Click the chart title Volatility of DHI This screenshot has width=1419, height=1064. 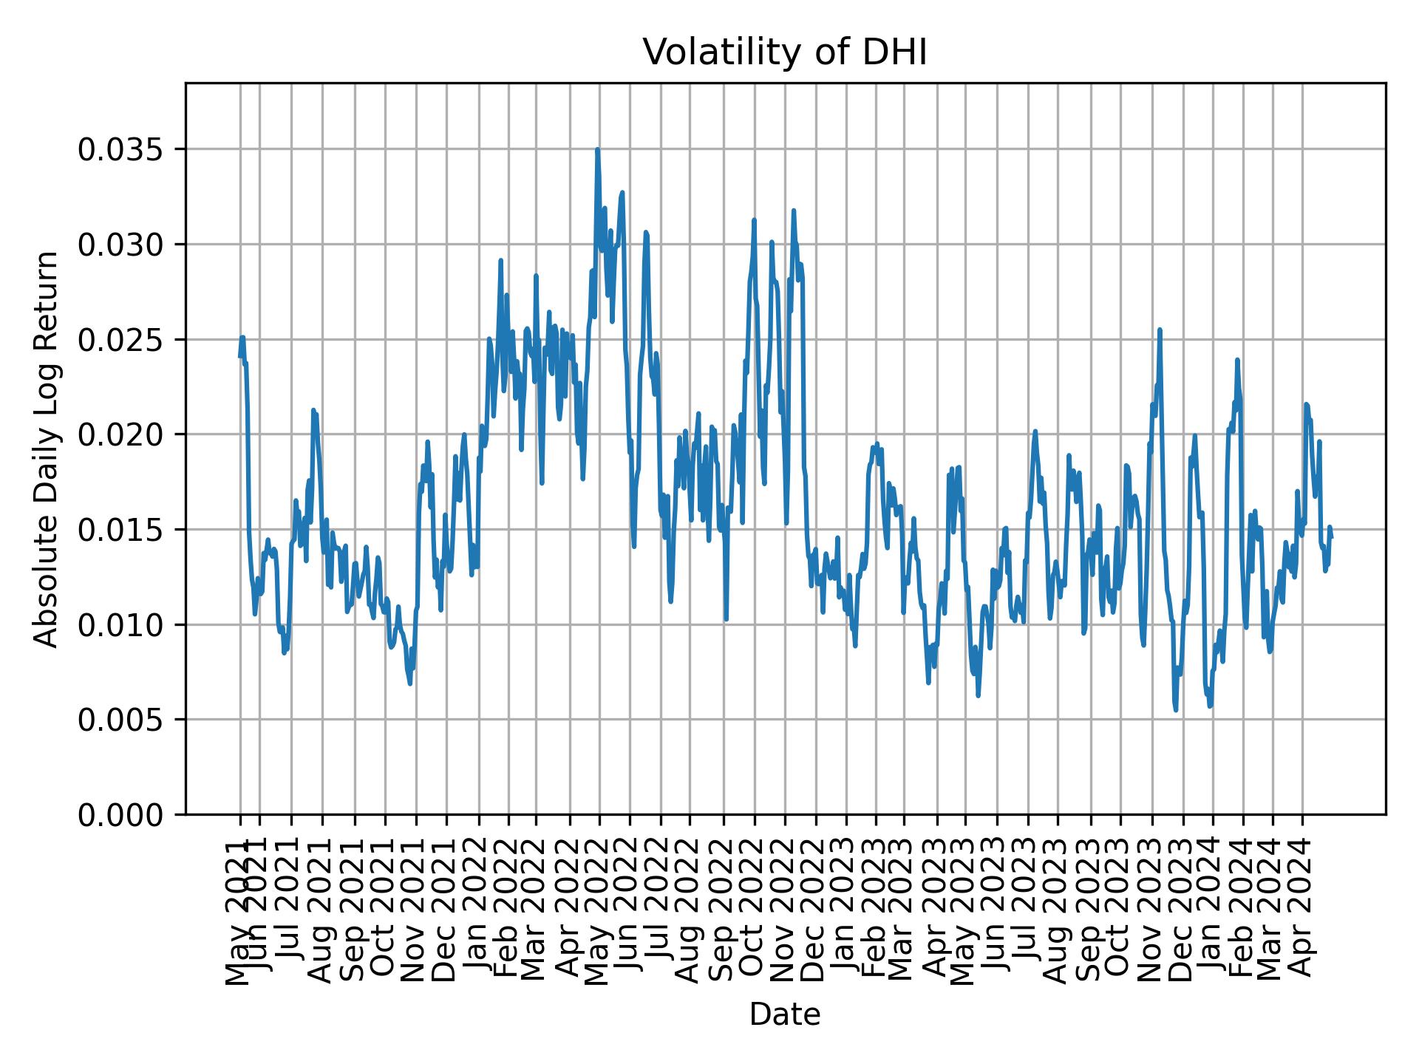click(784, 53)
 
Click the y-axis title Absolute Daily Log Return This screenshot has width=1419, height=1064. click(47, 449)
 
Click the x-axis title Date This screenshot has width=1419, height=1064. click(784, 1015)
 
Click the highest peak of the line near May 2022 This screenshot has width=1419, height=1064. click(597, 150)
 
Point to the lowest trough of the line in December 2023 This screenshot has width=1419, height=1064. click(1175, 710)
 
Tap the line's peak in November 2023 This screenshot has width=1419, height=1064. click(1160, 330)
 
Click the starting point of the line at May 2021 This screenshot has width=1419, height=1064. click(240, 356)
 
